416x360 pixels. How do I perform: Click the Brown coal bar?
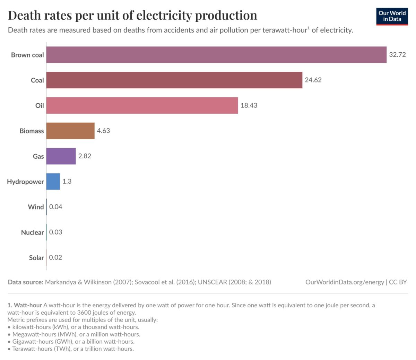[216, 55]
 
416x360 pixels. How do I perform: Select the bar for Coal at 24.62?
[174, 80]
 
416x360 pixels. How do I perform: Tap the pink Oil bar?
[142, 105]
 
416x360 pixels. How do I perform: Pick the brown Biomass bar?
[70, 131]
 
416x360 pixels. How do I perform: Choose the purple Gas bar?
[61, 156]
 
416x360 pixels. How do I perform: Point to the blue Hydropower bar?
[53, 182]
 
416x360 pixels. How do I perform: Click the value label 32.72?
[397, 55]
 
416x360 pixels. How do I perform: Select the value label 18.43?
[249, 105]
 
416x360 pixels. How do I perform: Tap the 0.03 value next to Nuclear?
[56, 232]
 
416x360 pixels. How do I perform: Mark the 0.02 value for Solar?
[55, 257]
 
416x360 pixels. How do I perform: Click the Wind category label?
[36, 207]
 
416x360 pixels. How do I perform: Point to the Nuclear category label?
[33, 232]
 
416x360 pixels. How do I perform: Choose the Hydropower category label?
[26, 182]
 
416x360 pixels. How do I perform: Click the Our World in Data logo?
[392, 16]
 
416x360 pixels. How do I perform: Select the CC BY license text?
[398, 282]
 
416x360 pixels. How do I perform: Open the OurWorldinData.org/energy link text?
[345, 282]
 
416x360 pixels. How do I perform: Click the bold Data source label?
[26, 282]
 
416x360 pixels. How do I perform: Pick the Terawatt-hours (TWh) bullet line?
[73, 349]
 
